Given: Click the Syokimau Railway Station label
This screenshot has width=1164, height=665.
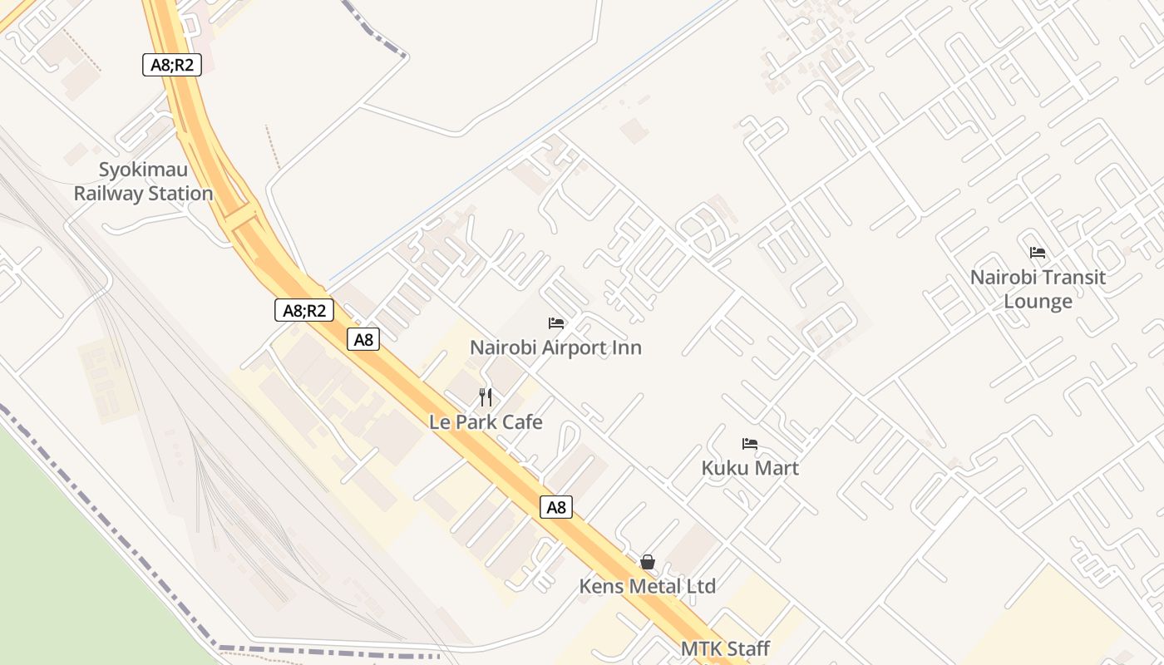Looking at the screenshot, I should (x=143, y=182).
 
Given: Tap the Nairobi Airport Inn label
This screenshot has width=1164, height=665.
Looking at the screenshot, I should (x=555, y=347).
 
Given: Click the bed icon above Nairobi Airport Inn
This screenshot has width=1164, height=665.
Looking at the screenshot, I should (x=556, y=323).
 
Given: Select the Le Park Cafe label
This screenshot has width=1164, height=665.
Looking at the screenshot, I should (x=486, y=422).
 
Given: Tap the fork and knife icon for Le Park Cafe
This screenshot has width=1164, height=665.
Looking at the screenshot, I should (x=486, y=397).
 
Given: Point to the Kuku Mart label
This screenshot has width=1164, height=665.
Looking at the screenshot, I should (x=750, y=468).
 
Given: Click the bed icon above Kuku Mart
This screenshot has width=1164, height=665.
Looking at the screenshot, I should (x=750, y=444).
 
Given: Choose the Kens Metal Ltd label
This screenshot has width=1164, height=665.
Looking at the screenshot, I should (x=647, y=586).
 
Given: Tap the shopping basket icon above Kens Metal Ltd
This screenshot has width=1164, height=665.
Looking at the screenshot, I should (x=648, y=563).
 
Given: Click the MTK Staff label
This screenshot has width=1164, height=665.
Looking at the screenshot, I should (x=725, y=648).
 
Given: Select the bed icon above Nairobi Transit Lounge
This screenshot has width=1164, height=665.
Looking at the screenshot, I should (x=1038, y=253).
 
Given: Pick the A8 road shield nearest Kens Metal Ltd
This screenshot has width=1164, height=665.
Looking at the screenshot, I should (x=556, y=506).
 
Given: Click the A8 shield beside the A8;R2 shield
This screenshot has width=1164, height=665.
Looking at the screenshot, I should (x=363, y=339).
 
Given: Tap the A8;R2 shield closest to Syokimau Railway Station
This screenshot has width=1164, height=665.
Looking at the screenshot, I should (x=172, y=65).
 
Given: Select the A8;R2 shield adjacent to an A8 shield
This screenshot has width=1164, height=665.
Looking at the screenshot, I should (x=304, y=311).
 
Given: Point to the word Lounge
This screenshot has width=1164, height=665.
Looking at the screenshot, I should (x=1038, y=301).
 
